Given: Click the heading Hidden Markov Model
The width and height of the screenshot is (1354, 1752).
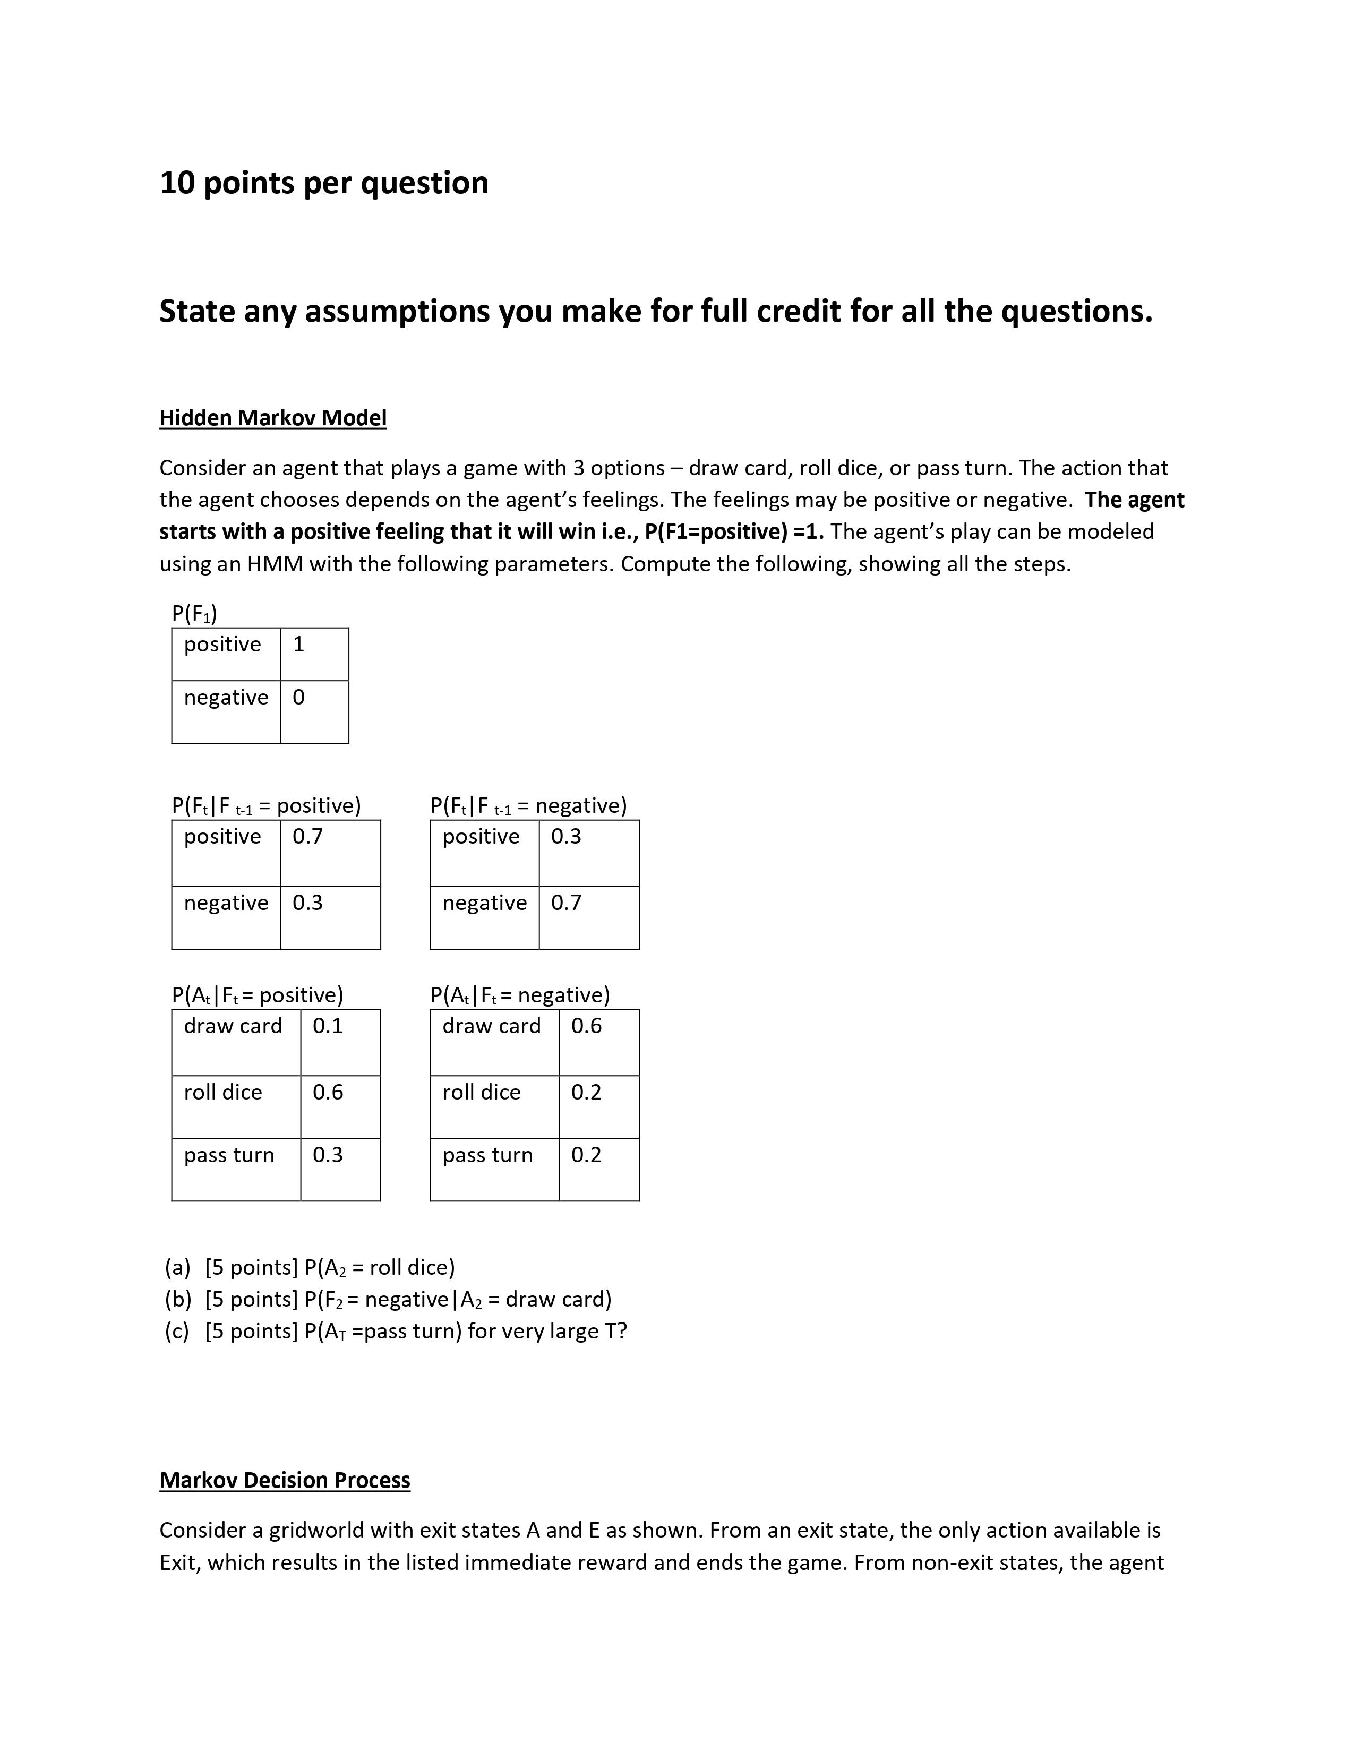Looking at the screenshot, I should pos(273,418).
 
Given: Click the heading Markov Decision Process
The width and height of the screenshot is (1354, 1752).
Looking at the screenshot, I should pos(285,1480).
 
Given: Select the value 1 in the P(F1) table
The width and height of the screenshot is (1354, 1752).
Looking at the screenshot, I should pos(298,645).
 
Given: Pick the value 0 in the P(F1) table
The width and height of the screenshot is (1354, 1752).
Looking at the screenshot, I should pos(298,698).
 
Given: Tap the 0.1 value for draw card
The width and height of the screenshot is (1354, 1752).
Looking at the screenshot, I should pos(327,1026).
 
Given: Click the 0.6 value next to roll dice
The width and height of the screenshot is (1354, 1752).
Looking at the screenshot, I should pos(327,1093).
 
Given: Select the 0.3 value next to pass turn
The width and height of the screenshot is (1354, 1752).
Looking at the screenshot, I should pos(327,1155).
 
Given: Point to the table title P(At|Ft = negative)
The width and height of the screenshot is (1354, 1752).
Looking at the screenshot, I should pos(520,995).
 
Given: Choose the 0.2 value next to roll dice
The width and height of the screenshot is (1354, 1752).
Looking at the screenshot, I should pos(586,1093).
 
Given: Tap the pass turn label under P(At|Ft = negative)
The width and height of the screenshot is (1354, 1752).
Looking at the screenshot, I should pos(487,1155).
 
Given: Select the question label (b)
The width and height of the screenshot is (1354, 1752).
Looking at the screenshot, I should pos(177,1300).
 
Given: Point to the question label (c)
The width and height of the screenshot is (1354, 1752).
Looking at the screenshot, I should pos(177,1332).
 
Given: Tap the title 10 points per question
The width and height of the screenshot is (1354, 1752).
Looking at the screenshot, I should pos(324,183).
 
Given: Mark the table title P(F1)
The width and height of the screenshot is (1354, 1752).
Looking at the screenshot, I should pos(194,614).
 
